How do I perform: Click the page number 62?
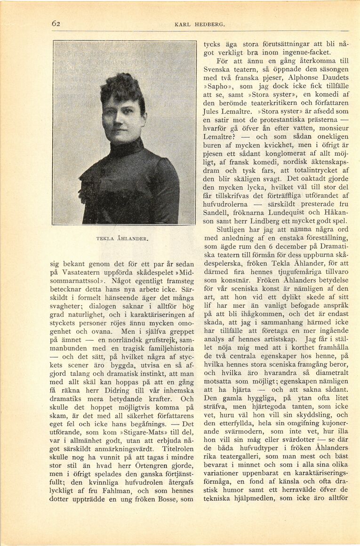(x=56, y=24)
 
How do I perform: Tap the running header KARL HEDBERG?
(x=200, y=24)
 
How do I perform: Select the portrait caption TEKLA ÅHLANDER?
(x=122, y=239)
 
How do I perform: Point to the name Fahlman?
(x=116, y=544)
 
